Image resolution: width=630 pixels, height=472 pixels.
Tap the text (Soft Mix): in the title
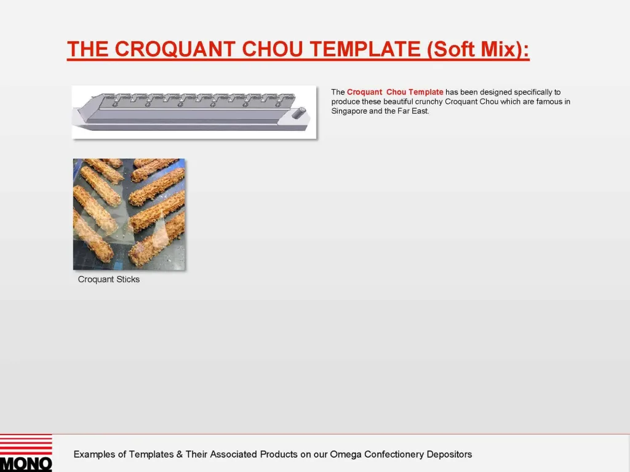coord(478,49)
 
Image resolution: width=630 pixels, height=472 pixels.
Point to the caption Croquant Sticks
coord(109,280)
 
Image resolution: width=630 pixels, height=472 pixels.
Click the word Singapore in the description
coord(349,111)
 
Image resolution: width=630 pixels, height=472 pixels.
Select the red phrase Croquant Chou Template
coord(395,92)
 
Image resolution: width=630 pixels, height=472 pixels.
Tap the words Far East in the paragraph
coord(416,111)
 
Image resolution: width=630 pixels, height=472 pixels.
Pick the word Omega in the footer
coord(346,455)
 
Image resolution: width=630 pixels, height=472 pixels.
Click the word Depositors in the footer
coord(450,455)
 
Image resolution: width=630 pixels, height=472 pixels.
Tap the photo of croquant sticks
coord(129,214)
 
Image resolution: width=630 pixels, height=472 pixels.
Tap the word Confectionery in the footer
coord(394,455)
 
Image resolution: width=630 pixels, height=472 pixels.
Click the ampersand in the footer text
coord(179,455)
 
